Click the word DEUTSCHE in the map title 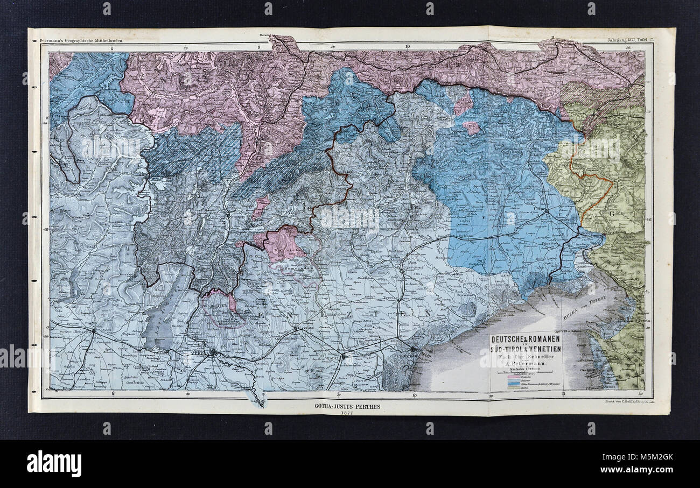(x=507, y=340)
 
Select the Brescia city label (x=81, y=333)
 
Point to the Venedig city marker (x=414, y=349)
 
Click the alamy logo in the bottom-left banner (x=54, y=464)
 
